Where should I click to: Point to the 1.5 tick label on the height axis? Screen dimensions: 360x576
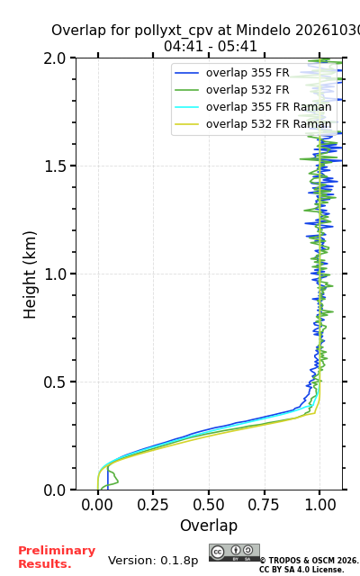click(x=55, y=166)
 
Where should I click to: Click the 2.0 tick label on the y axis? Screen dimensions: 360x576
click(x=55, y=58)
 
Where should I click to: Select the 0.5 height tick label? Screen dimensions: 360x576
click(x=55, y=382)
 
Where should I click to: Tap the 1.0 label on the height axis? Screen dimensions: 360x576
click(x=55, y=274)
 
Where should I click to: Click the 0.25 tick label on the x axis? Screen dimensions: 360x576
click(x=153, y=505)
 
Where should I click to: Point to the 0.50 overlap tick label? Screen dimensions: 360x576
click(x=209, y=505)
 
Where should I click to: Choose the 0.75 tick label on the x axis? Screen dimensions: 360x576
click(x=264, y=505)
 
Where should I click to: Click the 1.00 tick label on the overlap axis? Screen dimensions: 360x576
click(x=320, y=505)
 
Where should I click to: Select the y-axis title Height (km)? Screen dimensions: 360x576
click(x=30, y=274)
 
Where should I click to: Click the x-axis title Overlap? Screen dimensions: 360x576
click(x=209, y=526)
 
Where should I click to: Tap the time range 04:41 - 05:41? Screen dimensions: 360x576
click(x=210, y=47)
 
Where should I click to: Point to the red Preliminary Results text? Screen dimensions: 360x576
click(x=57, y=557)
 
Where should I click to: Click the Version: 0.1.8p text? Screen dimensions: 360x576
click(x=153, y=561)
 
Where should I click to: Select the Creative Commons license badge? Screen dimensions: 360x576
click(x=234, y=553)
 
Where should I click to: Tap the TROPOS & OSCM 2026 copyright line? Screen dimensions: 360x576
click(x=309, y=561)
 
